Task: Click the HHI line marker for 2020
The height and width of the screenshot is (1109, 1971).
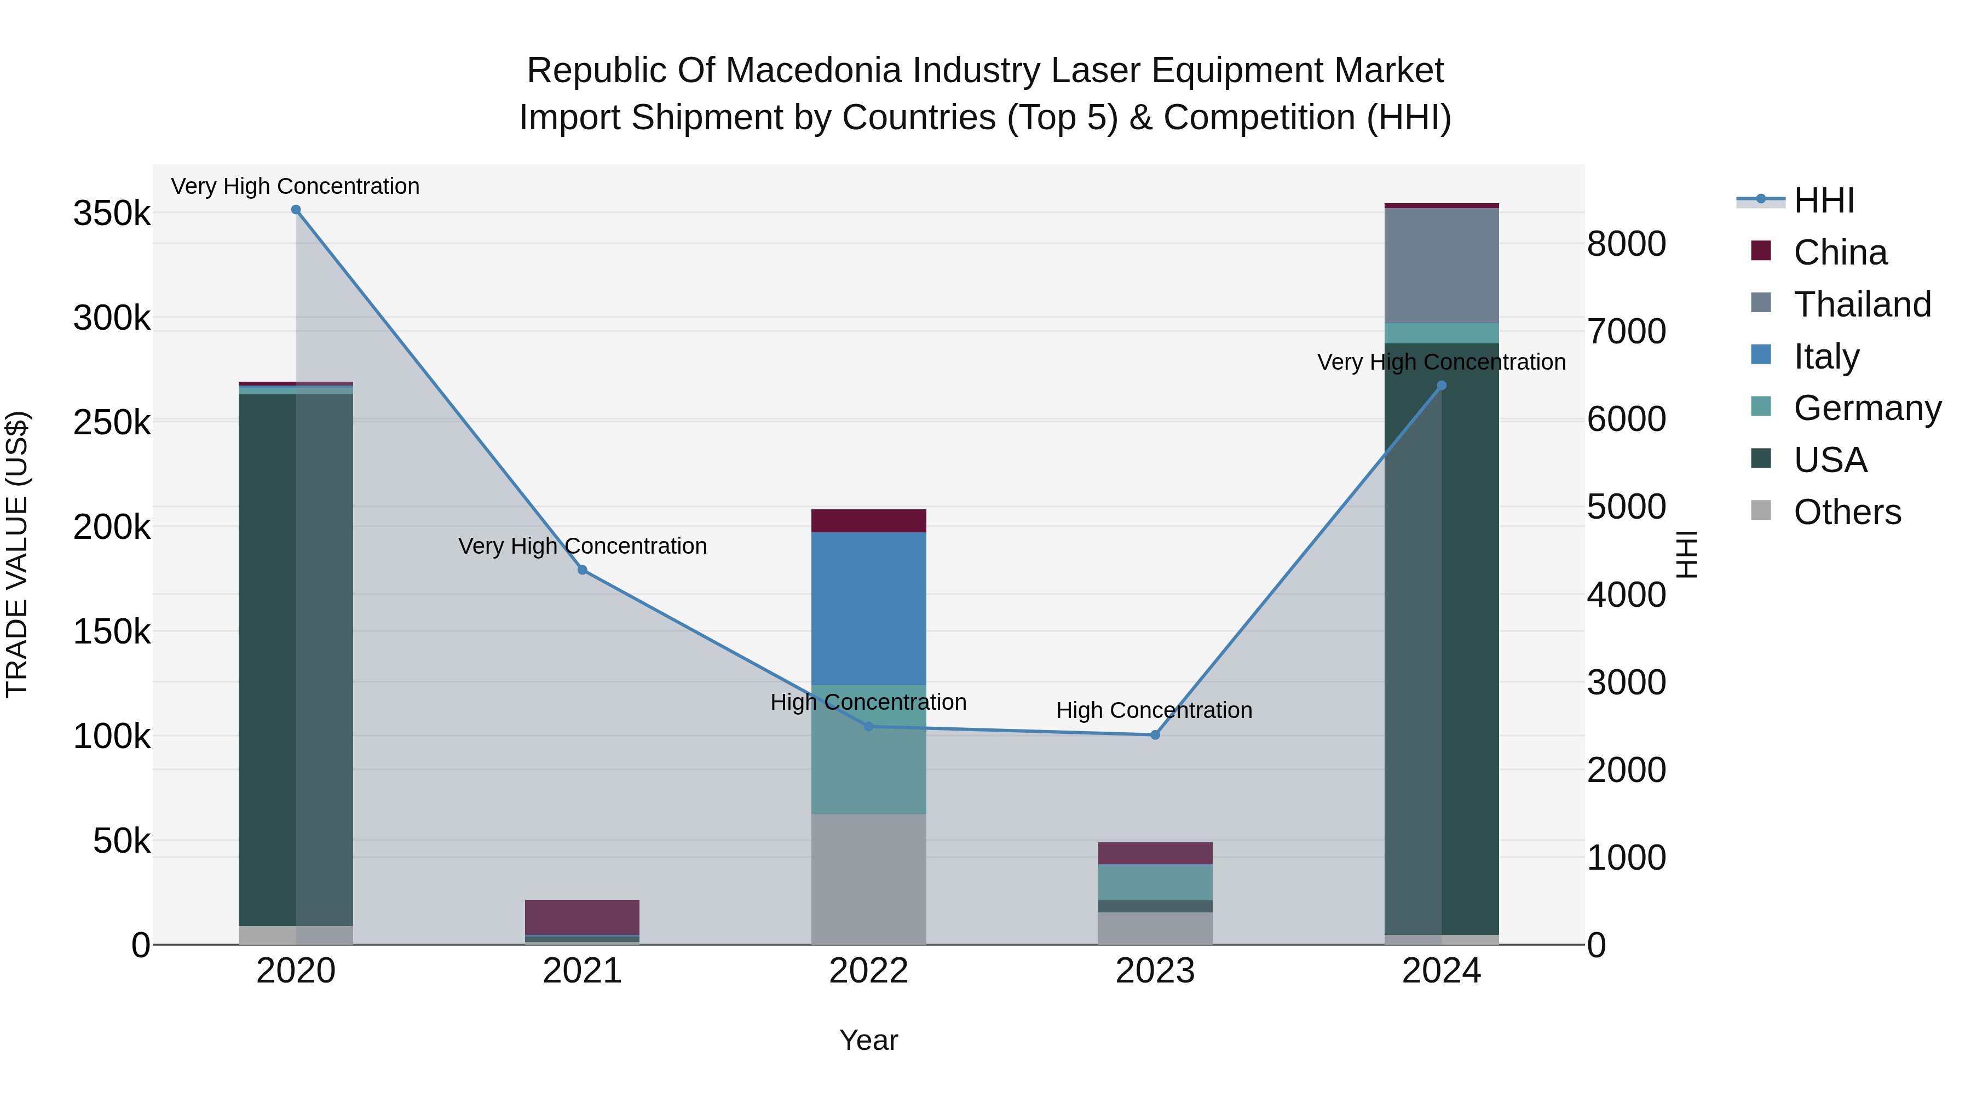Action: pos(296,210)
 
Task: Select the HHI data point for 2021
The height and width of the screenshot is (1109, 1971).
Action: pos(583,570)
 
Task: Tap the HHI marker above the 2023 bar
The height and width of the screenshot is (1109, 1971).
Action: pos(1155,735)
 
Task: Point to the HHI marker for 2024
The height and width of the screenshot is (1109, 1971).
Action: pos(1442,386)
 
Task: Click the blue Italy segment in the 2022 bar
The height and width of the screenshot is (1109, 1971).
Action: pos(868,608)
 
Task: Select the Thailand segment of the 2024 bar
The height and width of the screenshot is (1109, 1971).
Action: pos(1442,266)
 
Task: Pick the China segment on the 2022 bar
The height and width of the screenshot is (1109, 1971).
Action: pos(868,520)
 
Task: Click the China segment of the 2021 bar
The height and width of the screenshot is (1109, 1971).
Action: pos(583,917)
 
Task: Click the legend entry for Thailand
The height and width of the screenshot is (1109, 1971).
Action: pos(1861,304)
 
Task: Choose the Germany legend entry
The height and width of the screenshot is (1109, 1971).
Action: pos(1867,408)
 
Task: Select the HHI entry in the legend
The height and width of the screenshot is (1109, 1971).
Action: pos(1823,200)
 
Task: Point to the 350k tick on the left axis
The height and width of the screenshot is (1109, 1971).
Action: pos(112,214)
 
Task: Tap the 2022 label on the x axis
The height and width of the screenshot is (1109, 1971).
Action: pos(868,971)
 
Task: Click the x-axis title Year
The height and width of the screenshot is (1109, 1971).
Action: pos(868,1040)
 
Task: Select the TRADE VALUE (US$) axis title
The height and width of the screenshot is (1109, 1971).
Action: pos(17,554)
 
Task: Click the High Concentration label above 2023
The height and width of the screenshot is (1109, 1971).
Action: pos(1154,710)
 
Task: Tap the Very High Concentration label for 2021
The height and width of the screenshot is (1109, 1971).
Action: pos(583,545)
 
